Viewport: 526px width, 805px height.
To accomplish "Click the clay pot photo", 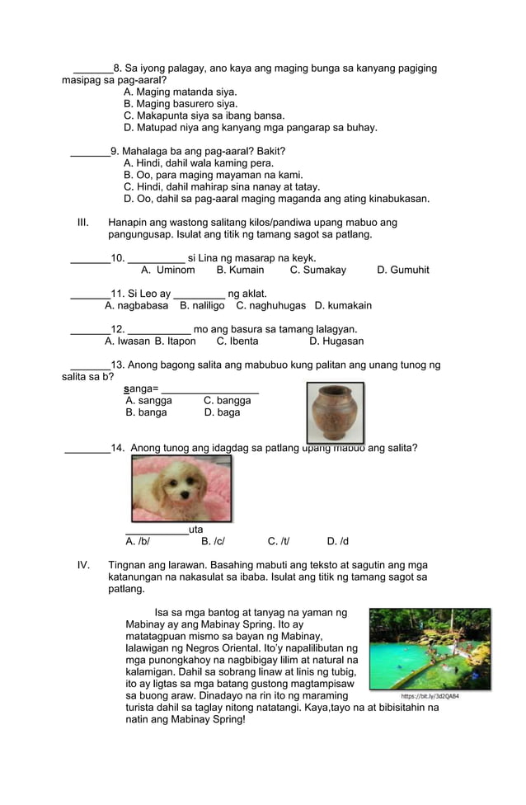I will (336, 412).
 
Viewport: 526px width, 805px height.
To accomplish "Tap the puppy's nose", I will (180, 494).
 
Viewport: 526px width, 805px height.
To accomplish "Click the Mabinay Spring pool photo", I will (430, 648).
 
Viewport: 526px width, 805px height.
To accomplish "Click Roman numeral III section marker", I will (82, 223).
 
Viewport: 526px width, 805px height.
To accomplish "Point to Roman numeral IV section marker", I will (82, 565).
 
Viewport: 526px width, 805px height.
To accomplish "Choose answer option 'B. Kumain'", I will (240, 270).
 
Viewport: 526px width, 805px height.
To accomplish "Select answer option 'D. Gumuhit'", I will (402, 270).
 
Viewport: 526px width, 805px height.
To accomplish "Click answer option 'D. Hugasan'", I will (336, 341).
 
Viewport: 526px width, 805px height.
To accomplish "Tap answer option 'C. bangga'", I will (228, 400).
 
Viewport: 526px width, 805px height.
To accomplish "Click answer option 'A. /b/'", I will (138, 541).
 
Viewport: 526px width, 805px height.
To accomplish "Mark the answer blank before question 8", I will (92, 69).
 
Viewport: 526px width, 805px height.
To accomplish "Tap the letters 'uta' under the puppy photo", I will (196, 530).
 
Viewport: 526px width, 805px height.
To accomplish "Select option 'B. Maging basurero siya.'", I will (181, 104).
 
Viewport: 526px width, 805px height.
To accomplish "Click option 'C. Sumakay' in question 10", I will (318, 270).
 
